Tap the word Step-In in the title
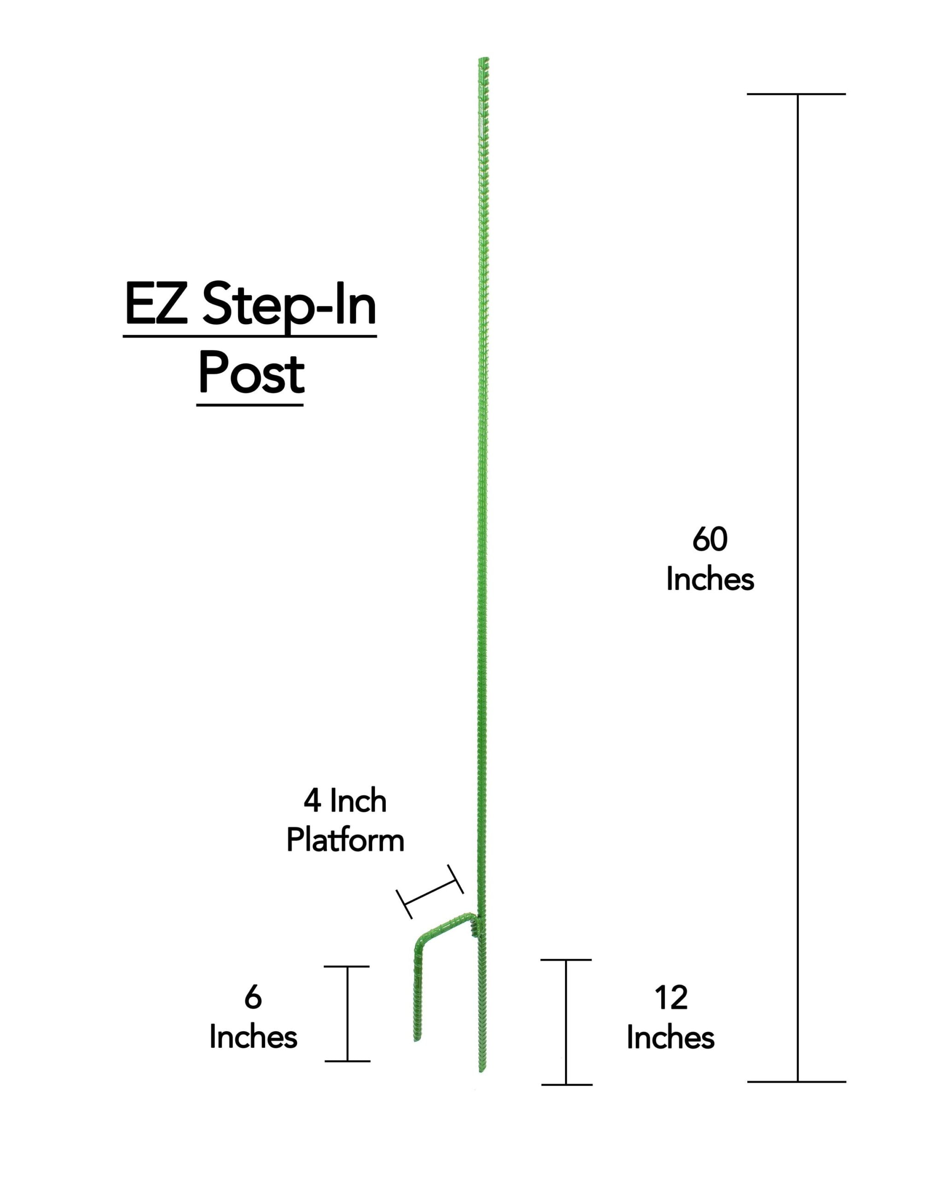pyautogui.click(x=290, y=307)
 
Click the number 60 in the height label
pyautogui.click(x=710, y=540)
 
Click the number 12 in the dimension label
pyautogui.click(x=671, y=998)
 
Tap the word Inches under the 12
pyautogui.click(x=671, y=1037)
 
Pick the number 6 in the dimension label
pyautogui.click(x=253, y=998)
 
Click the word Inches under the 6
pyautogui.click(x=253, y=1037)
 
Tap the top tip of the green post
pyautogui.click(x=483, y=58)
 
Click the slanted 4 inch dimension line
pyautogui.click(x=430, y=891)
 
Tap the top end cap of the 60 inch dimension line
pyautogui.click(x=797, y=94)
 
